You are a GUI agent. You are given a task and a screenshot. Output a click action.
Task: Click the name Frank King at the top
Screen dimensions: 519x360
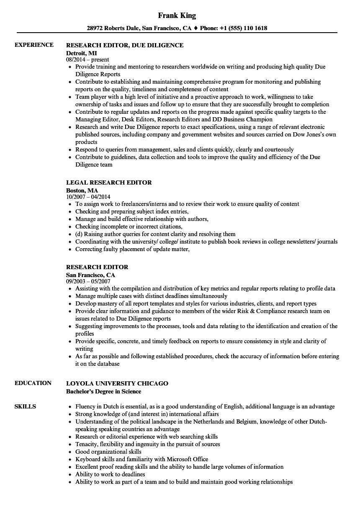tap(177, 16)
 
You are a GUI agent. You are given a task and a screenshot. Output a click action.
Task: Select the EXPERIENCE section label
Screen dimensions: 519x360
tap(34, 45)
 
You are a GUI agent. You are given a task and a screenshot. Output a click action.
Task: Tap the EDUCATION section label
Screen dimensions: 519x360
tap(33, 383)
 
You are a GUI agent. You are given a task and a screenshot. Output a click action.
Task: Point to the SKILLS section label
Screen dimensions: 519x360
tap(25, 406)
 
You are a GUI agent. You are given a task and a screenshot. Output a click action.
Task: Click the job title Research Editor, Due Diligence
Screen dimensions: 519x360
tap(125, 45)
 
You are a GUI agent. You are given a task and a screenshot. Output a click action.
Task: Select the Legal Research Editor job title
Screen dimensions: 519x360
tap(109, 182)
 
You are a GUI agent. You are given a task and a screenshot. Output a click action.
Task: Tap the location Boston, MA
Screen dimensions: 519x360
tap(82, 190)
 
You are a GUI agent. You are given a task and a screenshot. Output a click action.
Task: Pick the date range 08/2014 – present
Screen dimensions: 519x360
tap(87, 60)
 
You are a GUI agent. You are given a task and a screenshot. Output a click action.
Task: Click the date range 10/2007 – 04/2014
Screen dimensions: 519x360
tap(88, 197)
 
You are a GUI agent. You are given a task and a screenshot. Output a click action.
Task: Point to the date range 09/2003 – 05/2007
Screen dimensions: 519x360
tap(88, 282)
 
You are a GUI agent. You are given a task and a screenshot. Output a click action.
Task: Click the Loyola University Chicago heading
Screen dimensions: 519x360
tap(117, 383)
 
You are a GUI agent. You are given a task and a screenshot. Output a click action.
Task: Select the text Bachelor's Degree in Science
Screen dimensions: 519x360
tap(104, 391)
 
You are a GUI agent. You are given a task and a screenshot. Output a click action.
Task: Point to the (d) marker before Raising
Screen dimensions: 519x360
tap(79, 234)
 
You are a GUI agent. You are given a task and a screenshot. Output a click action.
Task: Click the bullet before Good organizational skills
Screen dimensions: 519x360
tap(70, 452)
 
